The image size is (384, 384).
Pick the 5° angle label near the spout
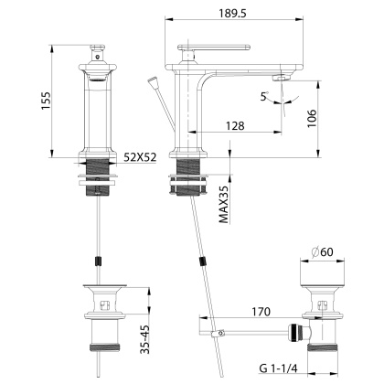coord(264,95)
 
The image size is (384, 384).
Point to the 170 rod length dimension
coord(261,312)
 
